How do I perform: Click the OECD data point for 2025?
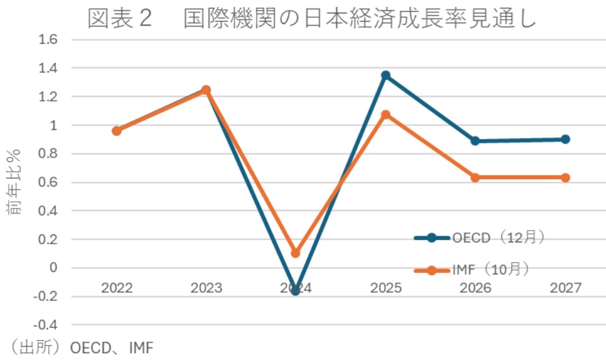pos(386,75)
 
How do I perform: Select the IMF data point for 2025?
pos(386,114)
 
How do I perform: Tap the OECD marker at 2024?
pos(295,290)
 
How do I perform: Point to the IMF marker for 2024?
pos(295,253)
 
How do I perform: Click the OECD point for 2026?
pos(475,141)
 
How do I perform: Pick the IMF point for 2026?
pos(475,177)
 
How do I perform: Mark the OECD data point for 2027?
pos(565,139)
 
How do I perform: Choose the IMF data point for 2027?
pos(565,177)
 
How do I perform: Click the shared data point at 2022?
pos(116,130)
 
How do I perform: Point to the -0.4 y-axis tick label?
pos(47,324)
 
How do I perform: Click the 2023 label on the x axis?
pos(206,287)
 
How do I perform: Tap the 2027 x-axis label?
pos(565,287)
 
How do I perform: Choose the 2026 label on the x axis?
pos(475,287)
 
